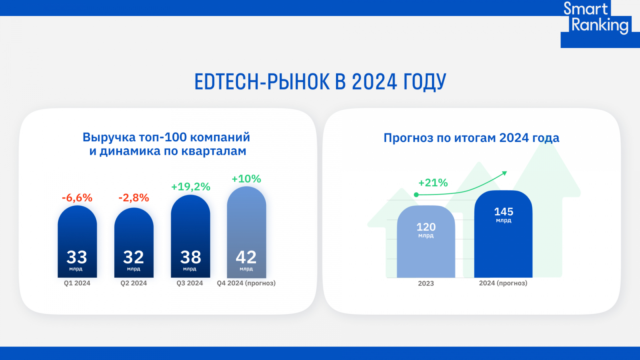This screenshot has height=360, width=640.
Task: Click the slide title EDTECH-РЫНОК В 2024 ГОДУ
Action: [x=320, y=82]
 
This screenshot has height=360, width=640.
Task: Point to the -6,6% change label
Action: [x=77, y=198]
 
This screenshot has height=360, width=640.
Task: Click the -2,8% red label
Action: [x=134, y=198]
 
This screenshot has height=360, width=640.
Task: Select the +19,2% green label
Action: [x=190, y=187]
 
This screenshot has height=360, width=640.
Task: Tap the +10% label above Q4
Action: [x=246, y=179]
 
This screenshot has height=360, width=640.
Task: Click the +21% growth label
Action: [x=433, y=183]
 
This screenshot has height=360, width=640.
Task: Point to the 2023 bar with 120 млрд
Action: [x=426, y=244]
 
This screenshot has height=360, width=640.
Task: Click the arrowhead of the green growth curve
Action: [x=505, y=173]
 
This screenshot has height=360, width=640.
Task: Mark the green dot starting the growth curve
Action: [x=416, y=195]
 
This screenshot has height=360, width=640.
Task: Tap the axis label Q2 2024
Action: [x=134, y=283]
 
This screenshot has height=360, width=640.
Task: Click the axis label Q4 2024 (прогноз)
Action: [x=246, y=283]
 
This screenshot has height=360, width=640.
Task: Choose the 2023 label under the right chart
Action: [x=426, y=284]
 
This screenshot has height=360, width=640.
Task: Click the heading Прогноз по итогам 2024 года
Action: [x=471, y=138]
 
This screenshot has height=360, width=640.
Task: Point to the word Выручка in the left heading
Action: [x=109, y=137]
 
